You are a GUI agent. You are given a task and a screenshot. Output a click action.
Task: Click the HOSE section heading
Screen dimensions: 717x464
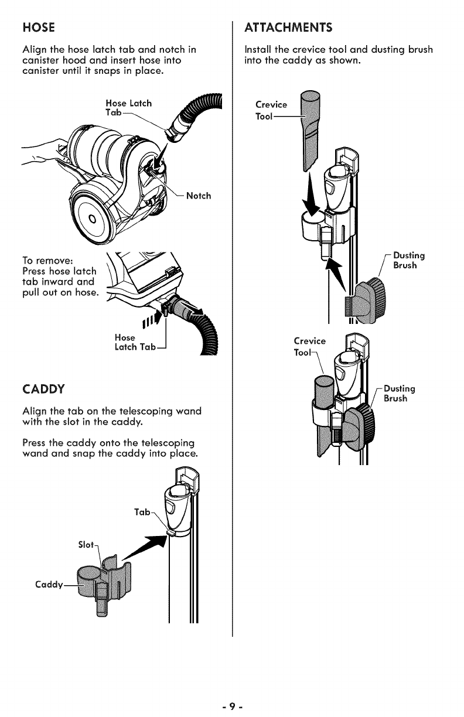pyautogui.click(x=38, y=28)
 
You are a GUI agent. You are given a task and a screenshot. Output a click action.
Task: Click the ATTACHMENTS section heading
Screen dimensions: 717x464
pyautogui.click(x=288, y=28)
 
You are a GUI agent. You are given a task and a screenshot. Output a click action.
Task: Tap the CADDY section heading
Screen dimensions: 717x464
pyautogui.click(x=43, y=388)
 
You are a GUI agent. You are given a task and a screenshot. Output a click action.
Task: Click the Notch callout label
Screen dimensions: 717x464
pyautogui.click(x=198, y=196)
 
